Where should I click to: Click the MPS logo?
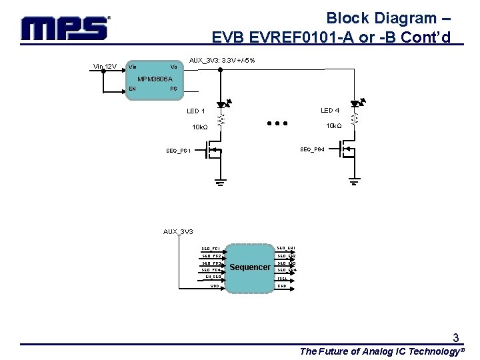click(x=65, y=28)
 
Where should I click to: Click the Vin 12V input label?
click(x=105, y=66)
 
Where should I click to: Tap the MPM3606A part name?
click(x=155, y=79)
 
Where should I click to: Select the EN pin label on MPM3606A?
click(x=133, y=88)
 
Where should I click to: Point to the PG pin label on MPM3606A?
click(x=173, y=88)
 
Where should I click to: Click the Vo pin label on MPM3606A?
click(x=173, y=66)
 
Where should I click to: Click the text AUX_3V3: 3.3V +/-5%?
click(x=222, y=61)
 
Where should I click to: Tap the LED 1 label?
click(x=196, y=111)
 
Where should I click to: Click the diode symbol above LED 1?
click(x=221, y=105)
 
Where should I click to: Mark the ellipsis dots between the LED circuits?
click(x=276, y=123)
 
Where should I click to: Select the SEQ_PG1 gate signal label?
click(x=179, y=151)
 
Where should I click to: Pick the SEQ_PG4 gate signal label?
click(x=312, y=149)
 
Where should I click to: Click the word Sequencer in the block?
click(x=250, y=267)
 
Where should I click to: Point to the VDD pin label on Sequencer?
click(x=215, y=286)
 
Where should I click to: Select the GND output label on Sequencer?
click(x=282, y=286)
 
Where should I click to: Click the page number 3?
click(x=455, y=337)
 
